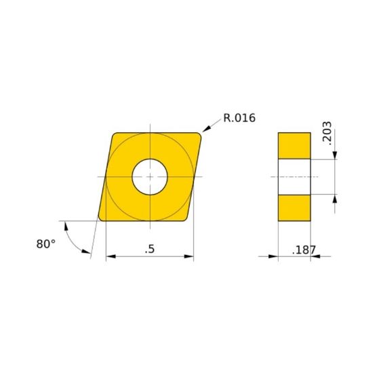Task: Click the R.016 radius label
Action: (239, 118)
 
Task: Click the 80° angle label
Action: (45, 244)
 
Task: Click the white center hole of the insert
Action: (149, 176)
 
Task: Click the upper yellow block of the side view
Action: (294, 146)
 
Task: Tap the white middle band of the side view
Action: (294, 177)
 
